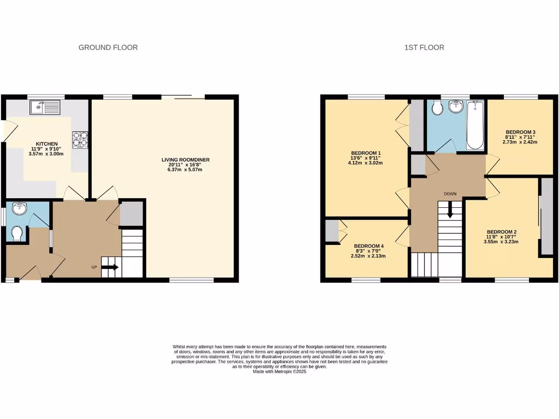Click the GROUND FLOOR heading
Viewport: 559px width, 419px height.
tap(108, 47)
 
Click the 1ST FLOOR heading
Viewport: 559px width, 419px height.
tap(424, 47)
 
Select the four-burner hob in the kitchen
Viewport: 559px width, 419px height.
tap(80, 140)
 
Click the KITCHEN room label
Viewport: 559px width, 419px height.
tap(46, 144)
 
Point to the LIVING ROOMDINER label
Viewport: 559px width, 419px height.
tap(186, 160)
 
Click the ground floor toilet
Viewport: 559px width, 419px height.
tap(16, 234)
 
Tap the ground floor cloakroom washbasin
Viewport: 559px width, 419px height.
tap(19, 208)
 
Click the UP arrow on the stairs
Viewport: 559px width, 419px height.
tap(110, 267)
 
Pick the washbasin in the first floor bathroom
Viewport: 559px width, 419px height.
tap(455, 107)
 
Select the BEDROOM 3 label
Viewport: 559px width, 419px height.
tap(520, 132)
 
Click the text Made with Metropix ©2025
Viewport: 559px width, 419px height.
tap(279, 372)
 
